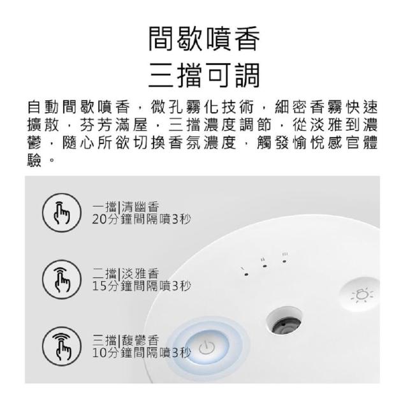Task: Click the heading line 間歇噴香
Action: [204, 39]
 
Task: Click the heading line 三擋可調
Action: [204, 75]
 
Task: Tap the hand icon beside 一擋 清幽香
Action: [62, 212]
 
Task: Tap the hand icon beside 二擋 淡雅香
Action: [62, 279]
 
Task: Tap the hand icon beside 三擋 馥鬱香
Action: [62, 347]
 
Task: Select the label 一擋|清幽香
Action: [126, 207]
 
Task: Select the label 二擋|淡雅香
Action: [126, 273]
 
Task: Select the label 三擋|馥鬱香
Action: [126, 340]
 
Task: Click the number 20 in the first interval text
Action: [99, 219]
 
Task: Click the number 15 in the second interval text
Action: [99, 286]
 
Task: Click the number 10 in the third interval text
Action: [99, 353]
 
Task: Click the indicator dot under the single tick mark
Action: [246, 274]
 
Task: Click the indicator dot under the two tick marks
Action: [265, 266]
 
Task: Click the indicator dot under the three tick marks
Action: [284, 261]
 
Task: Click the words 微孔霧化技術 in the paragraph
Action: [202, 107]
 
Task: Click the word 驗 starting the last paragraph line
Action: [34, 160]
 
